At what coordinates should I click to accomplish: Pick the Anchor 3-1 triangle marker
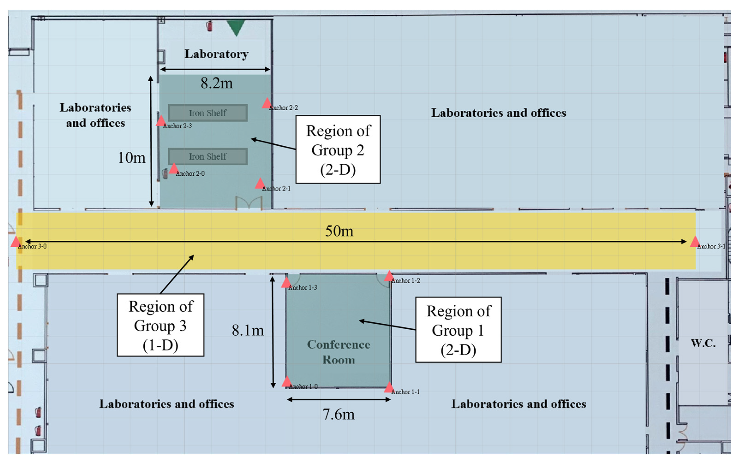click(695, 242)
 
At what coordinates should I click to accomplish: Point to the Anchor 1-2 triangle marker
click(389, 276)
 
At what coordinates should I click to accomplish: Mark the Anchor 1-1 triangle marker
click(389, 387)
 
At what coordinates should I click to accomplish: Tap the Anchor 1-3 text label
click(302, 287)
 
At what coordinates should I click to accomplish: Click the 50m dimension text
click(339, 231)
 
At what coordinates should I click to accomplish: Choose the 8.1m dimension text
click(248, 331)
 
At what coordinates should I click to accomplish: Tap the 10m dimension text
click(131, 158)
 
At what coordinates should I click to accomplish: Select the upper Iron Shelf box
click(208, 113)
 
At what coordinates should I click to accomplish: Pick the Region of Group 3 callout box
click(160, 325)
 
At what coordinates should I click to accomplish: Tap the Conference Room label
click(338, 352)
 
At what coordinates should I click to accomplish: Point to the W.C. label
click(703, 343)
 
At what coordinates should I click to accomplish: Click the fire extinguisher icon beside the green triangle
click(209, 26)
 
